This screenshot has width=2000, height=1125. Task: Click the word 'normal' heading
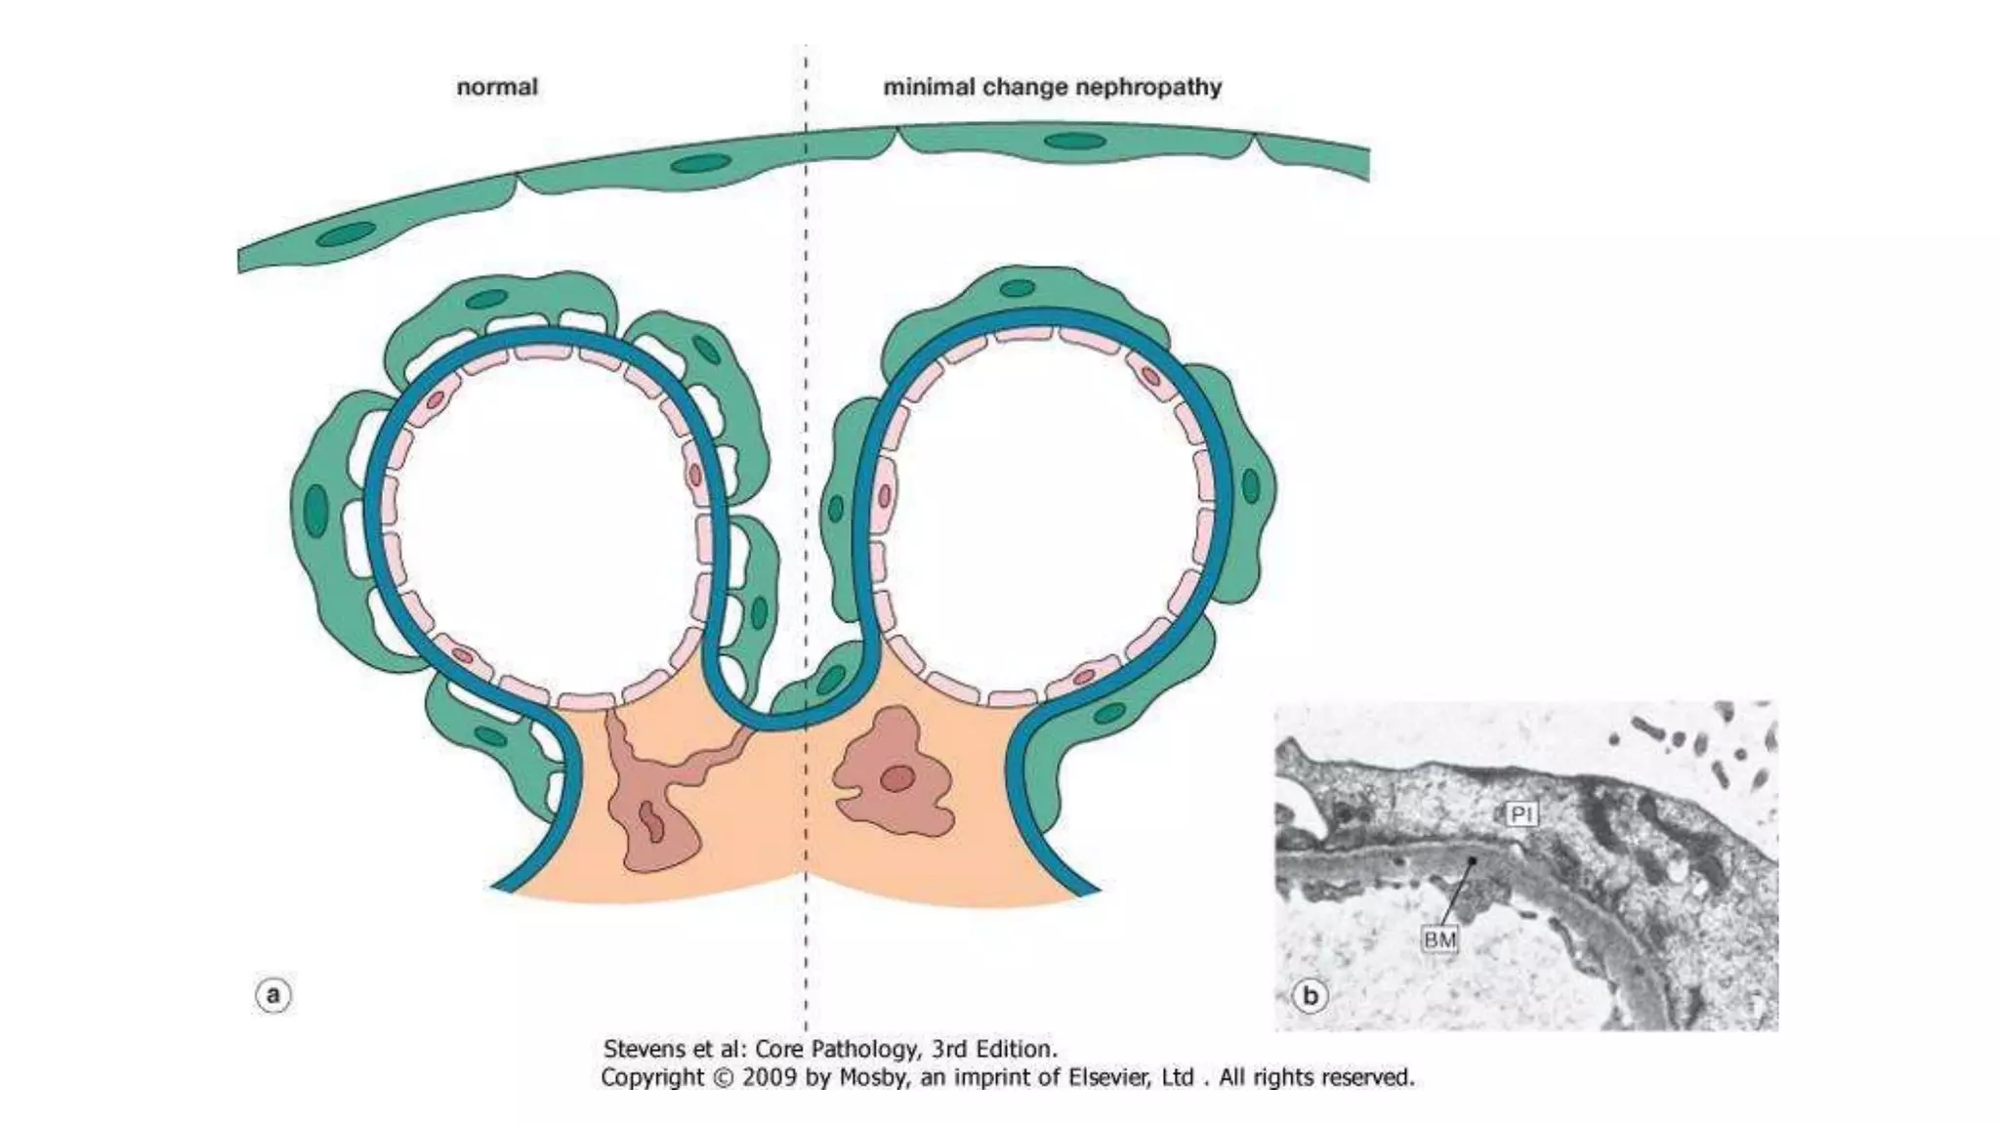pos(497,87)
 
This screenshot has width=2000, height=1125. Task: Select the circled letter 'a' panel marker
pos(273,995)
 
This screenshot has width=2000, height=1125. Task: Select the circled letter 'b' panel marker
pos(1311,995)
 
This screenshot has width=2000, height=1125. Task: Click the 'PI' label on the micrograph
pos(1521,813)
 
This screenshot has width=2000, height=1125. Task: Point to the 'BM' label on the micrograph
pos(1440,939)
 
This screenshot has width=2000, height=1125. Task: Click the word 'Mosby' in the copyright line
pos(870,1078)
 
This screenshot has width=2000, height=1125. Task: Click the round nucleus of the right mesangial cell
pos(897,778)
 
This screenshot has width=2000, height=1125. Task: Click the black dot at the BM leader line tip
pos(1472,861)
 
